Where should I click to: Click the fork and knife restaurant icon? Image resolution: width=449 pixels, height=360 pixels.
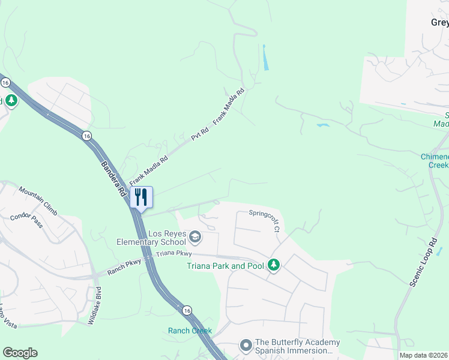pyautogui.click(x=142, y=197)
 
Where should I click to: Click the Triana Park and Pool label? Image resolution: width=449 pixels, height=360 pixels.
pyautogui.click(x=225, y=266)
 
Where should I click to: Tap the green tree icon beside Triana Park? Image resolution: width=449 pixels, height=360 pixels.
pyautogui.click(x=274, y=265)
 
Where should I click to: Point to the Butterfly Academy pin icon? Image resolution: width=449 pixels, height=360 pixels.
pyautogui.click(x=245, y=346)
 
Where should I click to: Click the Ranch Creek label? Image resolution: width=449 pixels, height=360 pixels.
pyautogui.click(x=190, y=331)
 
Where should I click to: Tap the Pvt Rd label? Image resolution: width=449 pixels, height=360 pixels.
pyautogui.click(x=199, y=134)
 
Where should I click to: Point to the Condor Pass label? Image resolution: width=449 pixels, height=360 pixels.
pyautogui.click(x=26, y=221)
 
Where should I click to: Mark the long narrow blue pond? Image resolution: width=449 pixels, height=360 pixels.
pyautogui.click(x=264, y=57)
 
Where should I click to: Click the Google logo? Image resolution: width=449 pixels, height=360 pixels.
pyautogui.click(x=20, y=353)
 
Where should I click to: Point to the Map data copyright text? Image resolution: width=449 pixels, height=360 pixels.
pyautogui.click(x=423, y=355)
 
